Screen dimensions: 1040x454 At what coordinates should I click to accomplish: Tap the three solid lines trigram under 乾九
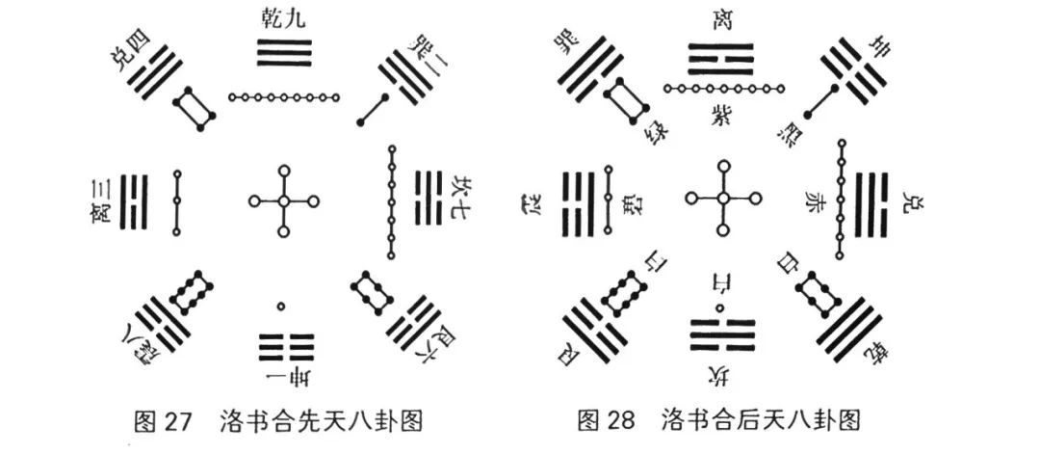tap(283, 53)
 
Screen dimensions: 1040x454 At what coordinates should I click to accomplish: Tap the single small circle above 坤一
tap(280, 307)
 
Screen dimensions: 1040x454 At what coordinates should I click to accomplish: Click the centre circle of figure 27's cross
tap(283, 200)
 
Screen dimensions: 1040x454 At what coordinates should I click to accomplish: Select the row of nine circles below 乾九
tap(283, 96)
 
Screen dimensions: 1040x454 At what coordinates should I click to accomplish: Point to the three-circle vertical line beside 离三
tap(176, 201)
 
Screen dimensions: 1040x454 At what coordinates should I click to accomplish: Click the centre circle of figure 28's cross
tap(721, 199)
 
